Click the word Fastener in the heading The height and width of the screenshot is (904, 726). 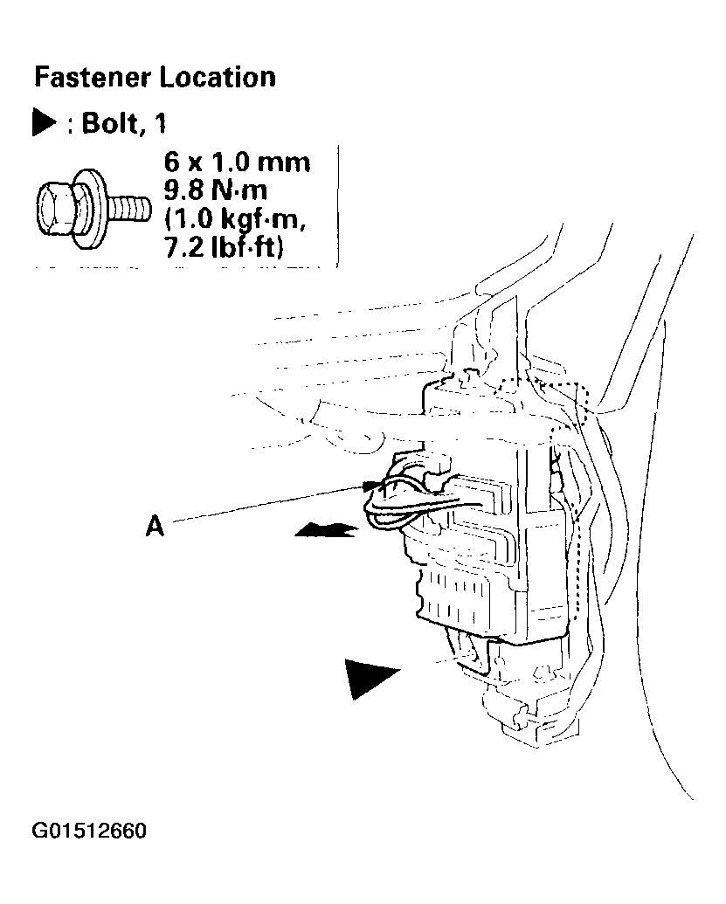[x=93, y=77]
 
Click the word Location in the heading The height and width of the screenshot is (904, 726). [x=218, y=77]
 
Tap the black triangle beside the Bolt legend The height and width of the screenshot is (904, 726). [x=44, y=123]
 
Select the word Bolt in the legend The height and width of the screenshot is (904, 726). [x=110, y=123]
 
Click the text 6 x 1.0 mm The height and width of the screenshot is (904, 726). [x=237, y=162]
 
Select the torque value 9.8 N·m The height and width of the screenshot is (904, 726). [x=216, y=190]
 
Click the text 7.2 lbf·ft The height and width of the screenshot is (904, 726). [x=225, y=247]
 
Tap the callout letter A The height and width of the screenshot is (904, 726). [x=155, y=526]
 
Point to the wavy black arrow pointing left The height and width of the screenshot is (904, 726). [x=327, y=530]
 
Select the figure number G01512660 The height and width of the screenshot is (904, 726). [x=89, y=831]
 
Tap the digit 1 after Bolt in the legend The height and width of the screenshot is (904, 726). [x=160, y=123]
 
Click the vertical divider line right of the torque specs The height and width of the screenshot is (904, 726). [x=337, y=206]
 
